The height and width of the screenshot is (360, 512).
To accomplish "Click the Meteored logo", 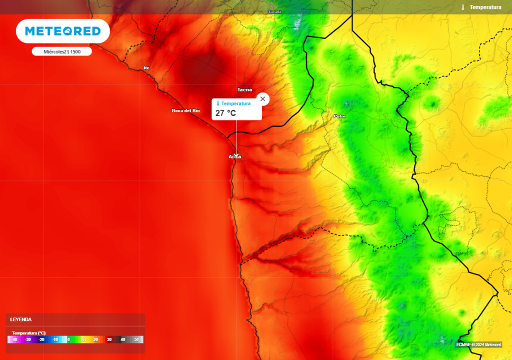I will tap(63, 31).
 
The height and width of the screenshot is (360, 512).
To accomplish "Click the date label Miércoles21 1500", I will tap(62, 51).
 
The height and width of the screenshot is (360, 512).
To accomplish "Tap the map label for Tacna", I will tap(244, 90).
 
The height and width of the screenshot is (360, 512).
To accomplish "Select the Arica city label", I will tap(235, 157).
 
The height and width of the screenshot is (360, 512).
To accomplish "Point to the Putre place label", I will tap(339, 116).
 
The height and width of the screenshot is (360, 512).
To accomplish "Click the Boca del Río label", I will tap(185, 110).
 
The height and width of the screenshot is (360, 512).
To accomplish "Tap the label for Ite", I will tap(146, 68).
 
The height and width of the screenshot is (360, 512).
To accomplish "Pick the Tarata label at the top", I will tap(275, 11).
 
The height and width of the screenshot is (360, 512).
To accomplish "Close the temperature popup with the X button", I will tap(263, 98).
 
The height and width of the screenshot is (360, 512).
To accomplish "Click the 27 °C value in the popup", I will tap(225, 113).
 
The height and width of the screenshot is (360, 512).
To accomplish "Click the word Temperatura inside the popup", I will tap(236, 103).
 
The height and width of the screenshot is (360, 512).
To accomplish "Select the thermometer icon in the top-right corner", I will tap(463, 7).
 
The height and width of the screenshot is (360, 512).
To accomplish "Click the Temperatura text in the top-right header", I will tap(485, 7).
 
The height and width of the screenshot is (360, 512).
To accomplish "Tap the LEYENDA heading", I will tap(21, 319).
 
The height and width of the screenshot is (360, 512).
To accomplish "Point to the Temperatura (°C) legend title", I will tap(29, 333).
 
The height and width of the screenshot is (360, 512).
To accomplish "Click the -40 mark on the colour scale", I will tap(14, 339).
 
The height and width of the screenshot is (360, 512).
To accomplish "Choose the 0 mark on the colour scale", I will tap(68, 339).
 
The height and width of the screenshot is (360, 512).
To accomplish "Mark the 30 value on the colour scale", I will tap(109, 339).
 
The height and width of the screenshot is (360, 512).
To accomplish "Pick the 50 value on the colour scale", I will tap(136, 339).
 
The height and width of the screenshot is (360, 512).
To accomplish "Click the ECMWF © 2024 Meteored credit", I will tap(478, 344).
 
